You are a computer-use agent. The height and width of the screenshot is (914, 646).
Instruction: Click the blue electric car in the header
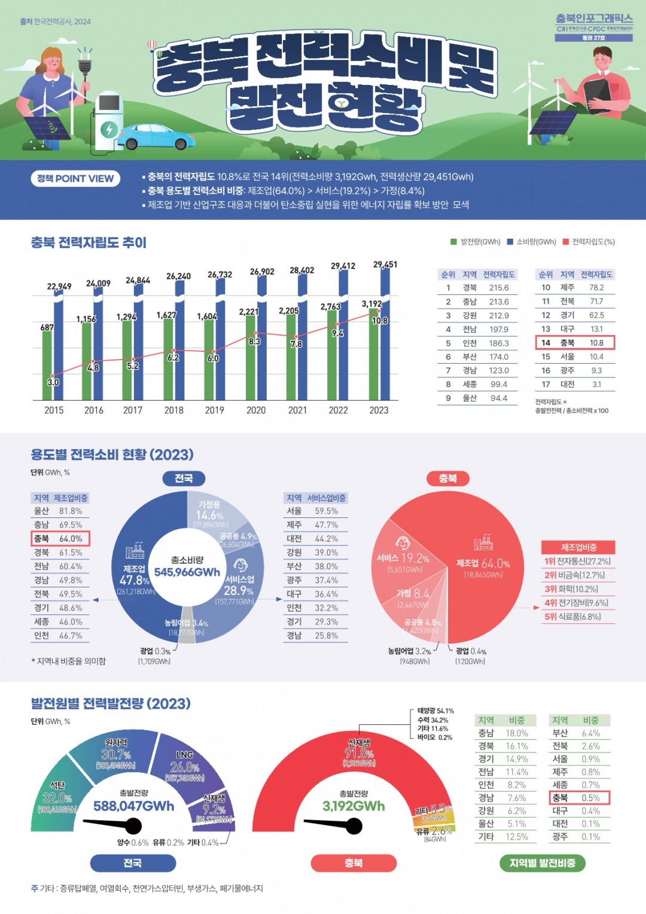[154, 136]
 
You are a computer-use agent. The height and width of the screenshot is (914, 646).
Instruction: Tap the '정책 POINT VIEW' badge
[75, 178]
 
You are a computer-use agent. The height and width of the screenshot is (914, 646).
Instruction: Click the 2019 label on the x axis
[214, 410]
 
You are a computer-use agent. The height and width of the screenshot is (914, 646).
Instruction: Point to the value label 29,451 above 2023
[385, 264]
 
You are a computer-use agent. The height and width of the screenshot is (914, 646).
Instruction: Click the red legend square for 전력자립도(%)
[565, 242]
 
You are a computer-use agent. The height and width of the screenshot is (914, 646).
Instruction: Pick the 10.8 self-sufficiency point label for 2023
[380, 321]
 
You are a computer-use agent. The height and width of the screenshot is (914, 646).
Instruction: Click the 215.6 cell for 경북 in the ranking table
[499, 288]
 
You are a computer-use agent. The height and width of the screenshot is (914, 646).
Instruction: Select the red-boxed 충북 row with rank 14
[575, 343]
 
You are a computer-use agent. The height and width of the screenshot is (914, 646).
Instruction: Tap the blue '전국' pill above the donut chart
[184, 478]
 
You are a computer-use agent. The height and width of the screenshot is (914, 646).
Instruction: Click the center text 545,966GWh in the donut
[187, 572]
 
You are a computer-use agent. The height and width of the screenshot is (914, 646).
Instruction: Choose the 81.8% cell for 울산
[71, 511]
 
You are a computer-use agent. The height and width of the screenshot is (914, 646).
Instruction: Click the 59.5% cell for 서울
[327, 511]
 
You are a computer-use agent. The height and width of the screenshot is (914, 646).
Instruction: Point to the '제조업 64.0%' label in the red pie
[483, 563]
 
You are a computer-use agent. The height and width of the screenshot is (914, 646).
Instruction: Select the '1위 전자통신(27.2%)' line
[577, 562]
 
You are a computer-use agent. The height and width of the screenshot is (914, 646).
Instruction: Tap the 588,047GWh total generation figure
[134, 806]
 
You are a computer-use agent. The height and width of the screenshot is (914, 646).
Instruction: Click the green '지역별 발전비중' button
[542, 863]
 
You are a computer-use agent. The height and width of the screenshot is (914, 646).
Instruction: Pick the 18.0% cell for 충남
[517, 733]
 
